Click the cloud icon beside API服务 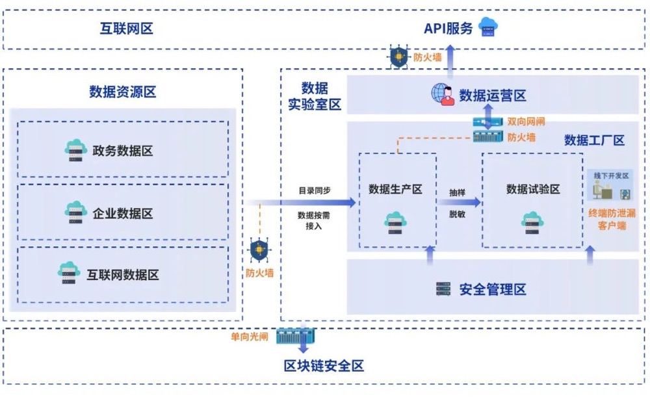tap(488, 27)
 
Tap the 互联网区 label tap(126, 28)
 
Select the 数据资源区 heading tap(123, 92)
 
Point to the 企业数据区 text tap(123, 213)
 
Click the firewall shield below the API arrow tap(398, 57)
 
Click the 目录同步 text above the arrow tap(315, 191)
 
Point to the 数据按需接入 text tap(315, 220)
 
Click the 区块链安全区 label tap(324, 365)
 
